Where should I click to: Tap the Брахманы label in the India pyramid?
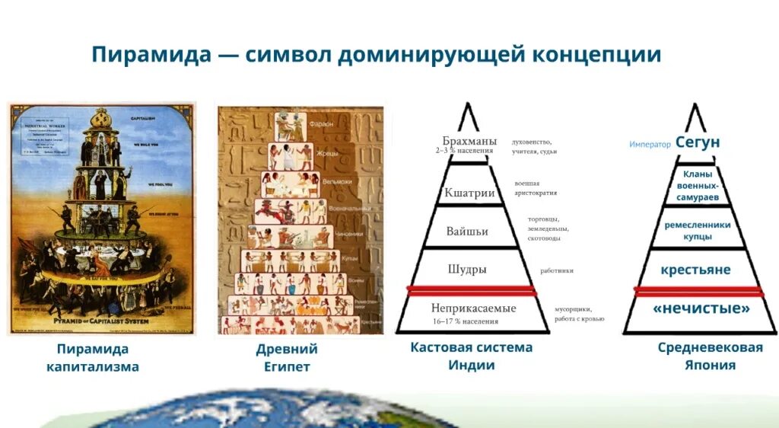click(469, 141)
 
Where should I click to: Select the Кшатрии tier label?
click(469, 193)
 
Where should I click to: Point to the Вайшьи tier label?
click(467, 231)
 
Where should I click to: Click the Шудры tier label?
click(467, 270)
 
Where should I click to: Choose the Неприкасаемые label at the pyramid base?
click(473, 308)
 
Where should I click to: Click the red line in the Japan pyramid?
click(698, 291)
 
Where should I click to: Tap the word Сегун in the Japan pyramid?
click(698, 142)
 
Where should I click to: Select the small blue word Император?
click(650, 144)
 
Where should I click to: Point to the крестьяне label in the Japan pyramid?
click(695, 270)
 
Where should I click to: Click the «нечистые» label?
click(701, 308)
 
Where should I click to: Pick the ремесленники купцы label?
click(697, 231)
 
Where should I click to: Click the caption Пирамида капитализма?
click(93, 358)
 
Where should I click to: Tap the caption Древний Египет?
click(287, 358)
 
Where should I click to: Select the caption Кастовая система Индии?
click(471, 356)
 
